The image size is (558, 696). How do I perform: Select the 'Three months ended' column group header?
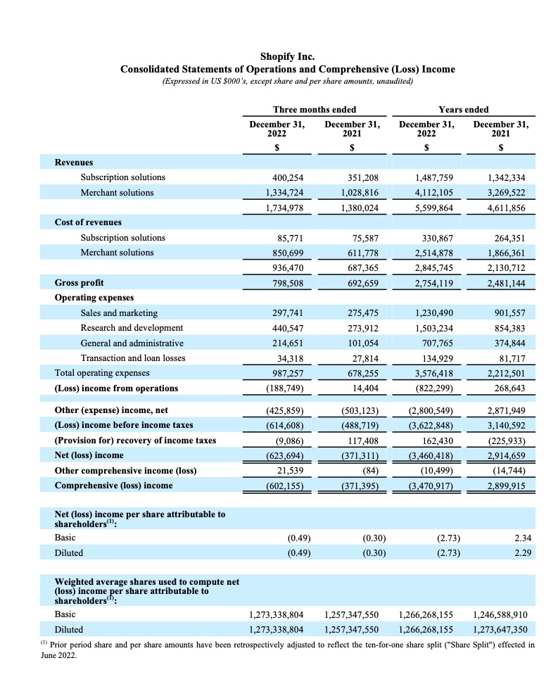[x=314, y=109]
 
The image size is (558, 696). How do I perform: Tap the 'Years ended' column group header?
[x=463, y=109]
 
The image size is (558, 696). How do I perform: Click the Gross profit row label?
[x=79, y=283]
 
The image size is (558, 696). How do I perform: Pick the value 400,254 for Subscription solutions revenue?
[x=285, y=177]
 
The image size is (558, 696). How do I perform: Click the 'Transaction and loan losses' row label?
[x=133, y=358]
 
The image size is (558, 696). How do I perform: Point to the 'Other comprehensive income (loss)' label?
[x=125, y=470]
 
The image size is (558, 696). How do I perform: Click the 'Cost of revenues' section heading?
[x=88, y=222]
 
